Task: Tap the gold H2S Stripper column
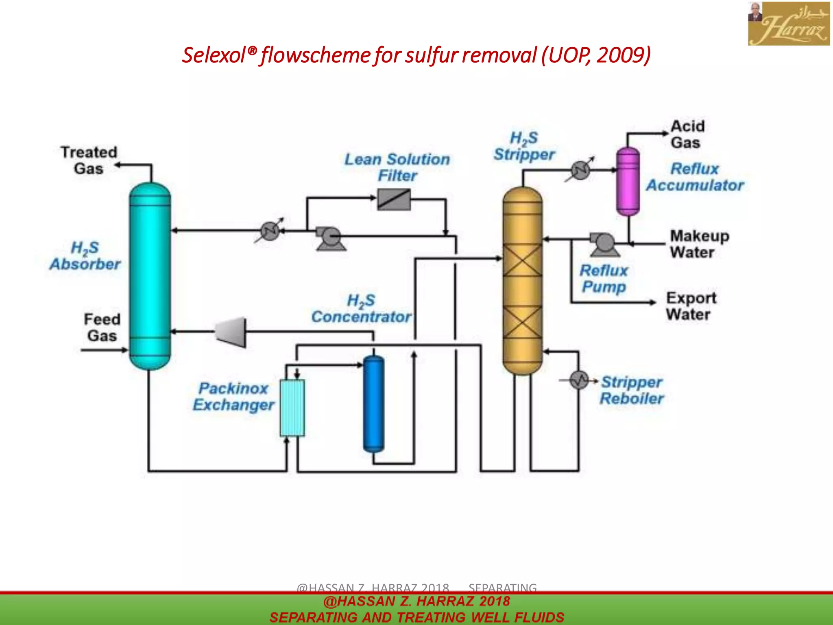pyautogui.click(x=522, y=281)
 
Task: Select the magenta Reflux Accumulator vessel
pyautogui.click(x=628, y=181)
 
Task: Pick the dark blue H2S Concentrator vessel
pyautogui.click(x=373, y=404)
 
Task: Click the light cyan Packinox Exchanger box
pyautogui.click(x=292, y=408)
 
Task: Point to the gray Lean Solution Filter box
pyautogui.click(x=394, y=199)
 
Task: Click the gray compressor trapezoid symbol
pyautogui.click(x=231, y=332)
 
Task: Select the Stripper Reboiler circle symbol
pyautogui.click(x=579, y=380)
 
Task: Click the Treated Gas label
pyautogui.click(x=89, y=160)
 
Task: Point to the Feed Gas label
pyautogui.click(x=102, y=328)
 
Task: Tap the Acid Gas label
pyautogui.click(x=687, y=134)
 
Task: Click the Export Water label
pyautogui.click(x=691, y=306)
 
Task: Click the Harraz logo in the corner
pyautogui.click(x=789, y=23)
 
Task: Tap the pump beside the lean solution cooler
pyautogui.click(x=330, y=238)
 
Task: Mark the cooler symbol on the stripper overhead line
pyautogui.click(x=580, y=170)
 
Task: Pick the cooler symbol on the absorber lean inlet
pyautogui.click(x=270, y=231)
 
